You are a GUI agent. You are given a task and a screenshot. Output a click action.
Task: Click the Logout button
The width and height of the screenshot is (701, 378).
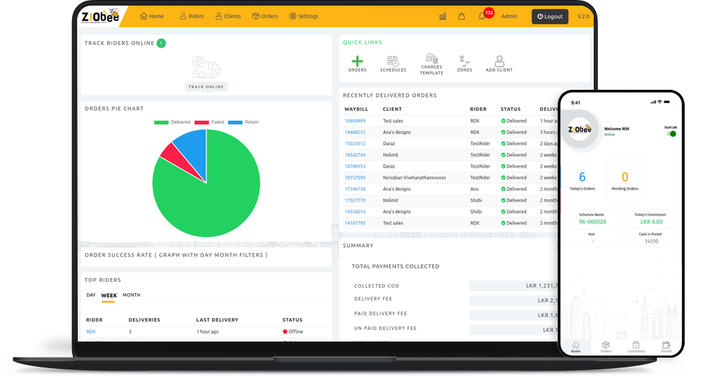550,16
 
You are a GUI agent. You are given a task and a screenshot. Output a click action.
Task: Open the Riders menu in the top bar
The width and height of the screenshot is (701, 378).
191,16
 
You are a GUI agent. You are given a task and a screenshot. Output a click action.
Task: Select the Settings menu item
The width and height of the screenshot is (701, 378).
303,16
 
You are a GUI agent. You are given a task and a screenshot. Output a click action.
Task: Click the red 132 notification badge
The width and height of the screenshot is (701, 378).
489,13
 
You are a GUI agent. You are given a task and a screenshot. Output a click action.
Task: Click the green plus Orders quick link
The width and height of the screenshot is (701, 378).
358,63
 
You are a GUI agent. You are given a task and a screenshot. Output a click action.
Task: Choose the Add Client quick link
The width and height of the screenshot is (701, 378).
499,63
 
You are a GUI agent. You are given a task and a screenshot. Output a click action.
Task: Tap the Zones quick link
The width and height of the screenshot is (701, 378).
464,63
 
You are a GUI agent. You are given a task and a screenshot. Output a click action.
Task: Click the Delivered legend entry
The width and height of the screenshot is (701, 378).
172,122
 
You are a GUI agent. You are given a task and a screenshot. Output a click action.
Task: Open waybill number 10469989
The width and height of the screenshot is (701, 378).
355,121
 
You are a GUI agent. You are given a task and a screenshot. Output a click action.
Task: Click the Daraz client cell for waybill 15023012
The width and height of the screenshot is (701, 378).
388,144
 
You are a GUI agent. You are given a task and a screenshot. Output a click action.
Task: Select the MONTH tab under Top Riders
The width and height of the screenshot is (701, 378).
131,295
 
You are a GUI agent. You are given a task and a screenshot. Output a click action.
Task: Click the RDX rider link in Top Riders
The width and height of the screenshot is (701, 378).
90,332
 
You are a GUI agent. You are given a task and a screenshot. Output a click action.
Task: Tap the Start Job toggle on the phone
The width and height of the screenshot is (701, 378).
672,133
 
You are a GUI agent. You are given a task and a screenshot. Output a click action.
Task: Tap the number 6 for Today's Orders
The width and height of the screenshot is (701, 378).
582,177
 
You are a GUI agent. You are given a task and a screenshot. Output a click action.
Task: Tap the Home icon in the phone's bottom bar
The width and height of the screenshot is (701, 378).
576,346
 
